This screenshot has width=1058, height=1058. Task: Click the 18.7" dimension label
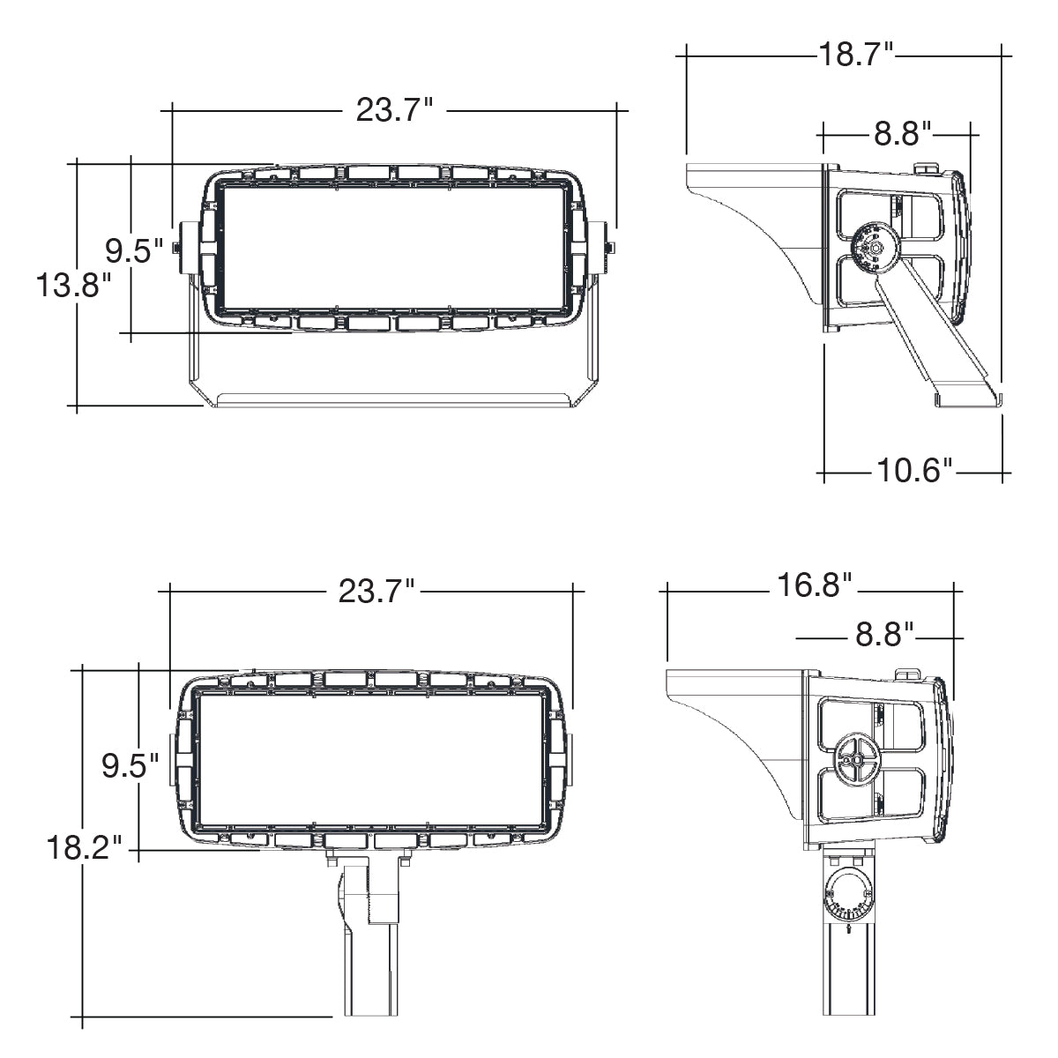pos(856,55)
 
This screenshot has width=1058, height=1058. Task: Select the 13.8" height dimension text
pos(74,286)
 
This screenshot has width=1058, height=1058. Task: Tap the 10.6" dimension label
pos(914,471)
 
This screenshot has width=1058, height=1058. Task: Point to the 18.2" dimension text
pos(84,847)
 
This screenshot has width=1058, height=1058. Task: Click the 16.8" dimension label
pos(815,585)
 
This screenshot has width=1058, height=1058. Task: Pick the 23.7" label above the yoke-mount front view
pos(395,110)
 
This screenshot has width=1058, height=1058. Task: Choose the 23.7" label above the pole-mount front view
pos(376,592)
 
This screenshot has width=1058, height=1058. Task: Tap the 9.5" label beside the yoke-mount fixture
pos(135,251)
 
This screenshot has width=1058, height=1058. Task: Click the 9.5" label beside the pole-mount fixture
pos(130,766)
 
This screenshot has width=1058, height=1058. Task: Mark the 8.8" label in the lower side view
pos(884,635)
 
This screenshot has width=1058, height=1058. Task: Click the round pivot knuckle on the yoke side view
pos(875,248)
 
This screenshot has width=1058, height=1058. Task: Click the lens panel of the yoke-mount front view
pos(393,248)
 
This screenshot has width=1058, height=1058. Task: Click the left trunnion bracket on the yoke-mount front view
pos(187,248)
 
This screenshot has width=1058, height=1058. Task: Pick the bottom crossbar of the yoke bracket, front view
pos(392,399)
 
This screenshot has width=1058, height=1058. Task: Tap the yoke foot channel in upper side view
pos(968,400)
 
